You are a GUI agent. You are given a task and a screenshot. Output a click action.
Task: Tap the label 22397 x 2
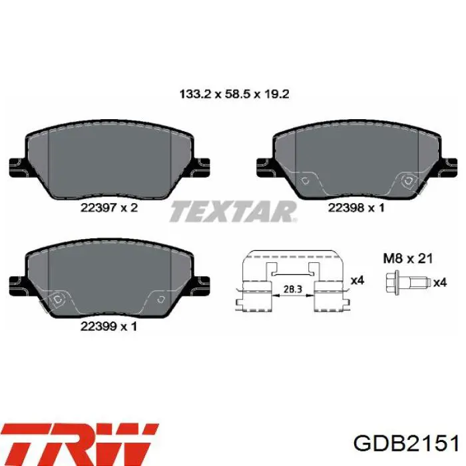(110, 208)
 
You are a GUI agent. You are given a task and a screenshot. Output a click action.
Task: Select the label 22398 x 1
(356, 208)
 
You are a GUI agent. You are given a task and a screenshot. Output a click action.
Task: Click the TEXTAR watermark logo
(233, 212)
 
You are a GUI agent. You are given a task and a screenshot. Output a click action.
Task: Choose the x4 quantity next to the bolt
(439, 283)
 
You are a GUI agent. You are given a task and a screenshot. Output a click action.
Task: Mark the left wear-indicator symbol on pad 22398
(306, 180)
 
